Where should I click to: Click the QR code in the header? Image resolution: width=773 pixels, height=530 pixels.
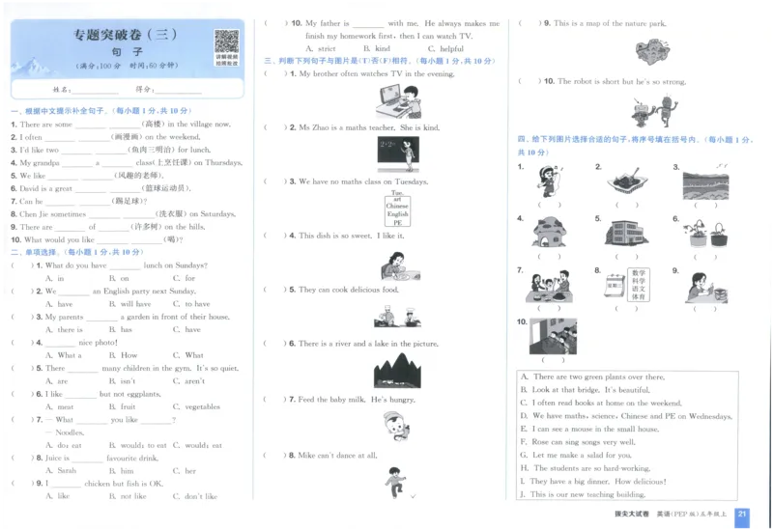tap(226, 42)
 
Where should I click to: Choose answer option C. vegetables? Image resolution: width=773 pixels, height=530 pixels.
tap(197, 406)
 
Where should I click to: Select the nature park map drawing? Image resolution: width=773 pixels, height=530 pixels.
tap(652, 50)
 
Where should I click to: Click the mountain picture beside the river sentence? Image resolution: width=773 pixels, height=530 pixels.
tap(396, 371)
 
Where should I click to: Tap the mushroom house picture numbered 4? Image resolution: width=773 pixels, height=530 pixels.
tap(549, 233)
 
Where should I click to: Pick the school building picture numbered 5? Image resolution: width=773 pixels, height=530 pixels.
tap(625, 233)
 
